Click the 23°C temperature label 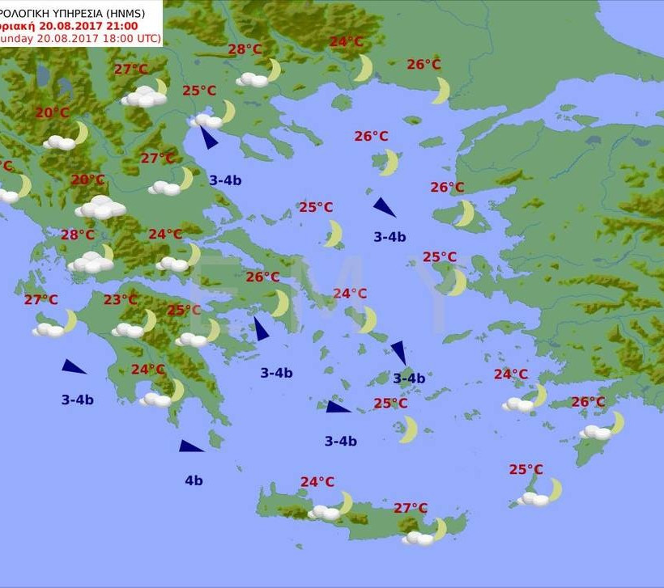120,300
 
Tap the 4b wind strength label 194,480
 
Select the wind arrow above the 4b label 191,446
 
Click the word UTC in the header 149,39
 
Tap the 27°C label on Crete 411,508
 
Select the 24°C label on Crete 317,482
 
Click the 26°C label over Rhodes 588,402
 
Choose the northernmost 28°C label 245,49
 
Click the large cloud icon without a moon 100,208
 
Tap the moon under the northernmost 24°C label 364,69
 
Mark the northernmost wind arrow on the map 208,137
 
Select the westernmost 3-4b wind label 78,400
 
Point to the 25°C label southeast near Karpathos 526,469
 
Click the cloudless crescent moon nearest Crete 408,429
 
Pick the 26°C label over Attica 262,277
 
